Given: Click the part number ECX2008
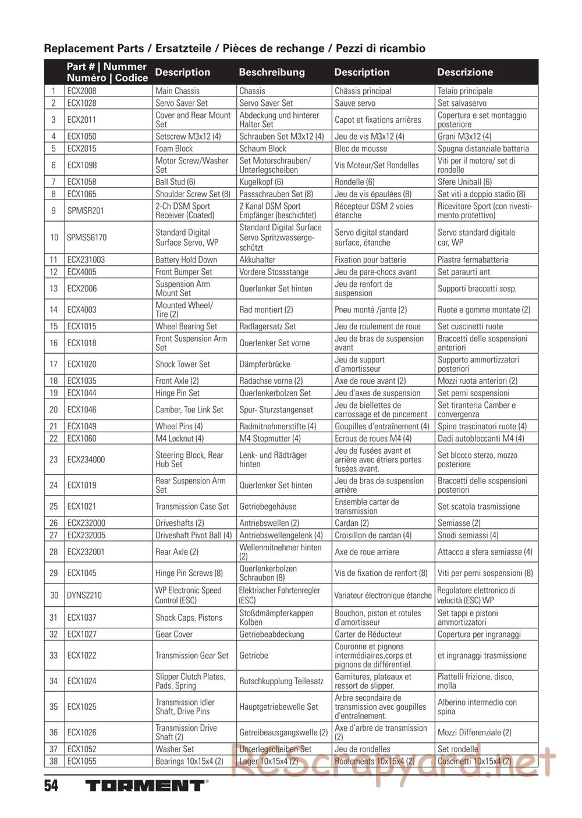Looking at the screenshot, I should (x=81, y=91).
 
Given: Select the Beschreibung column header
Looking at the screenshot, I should (x=272, y=72).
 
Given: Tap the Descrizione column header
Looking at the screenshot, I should (x=465, y=72).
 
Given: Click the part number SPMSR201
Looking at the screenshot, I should (x=86, y=211).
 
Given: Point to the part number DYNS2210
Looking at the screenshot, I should (x=84, y=595).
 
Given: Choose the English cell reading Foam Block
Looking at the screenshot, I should (x=174, y=148).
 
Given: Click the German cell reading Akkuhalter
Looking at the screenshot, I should (x=257, y=259).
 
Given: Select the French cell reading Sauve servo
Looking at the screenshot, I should (x=355, y=103).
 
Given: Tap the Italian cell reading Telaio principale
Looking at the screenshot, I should (x=465, y=91).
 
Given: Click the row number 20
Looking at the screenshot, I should (x=54, y=410).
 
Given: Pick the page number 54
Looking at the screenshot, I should (x=51, y=785).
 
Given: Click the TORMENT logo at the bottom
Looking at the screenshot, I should (x=145, y=785).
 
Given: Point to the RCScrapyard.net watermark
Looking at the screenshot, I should (x=393, y=761).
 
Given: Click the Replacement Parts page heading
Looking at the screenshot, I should (x=235, y=48).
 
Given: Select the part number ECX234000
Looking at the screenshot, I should (x=86, y=460).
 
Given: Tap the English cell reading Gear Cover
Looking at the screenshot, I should (x=174, y=634).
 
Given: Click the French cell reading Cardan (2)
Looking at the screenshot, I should (x=352, y=523).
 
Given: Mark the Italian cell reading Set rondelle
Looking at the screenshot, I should (x=458, y=749).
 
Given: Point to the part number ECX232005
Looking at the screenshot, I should (x=86, y=535).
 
